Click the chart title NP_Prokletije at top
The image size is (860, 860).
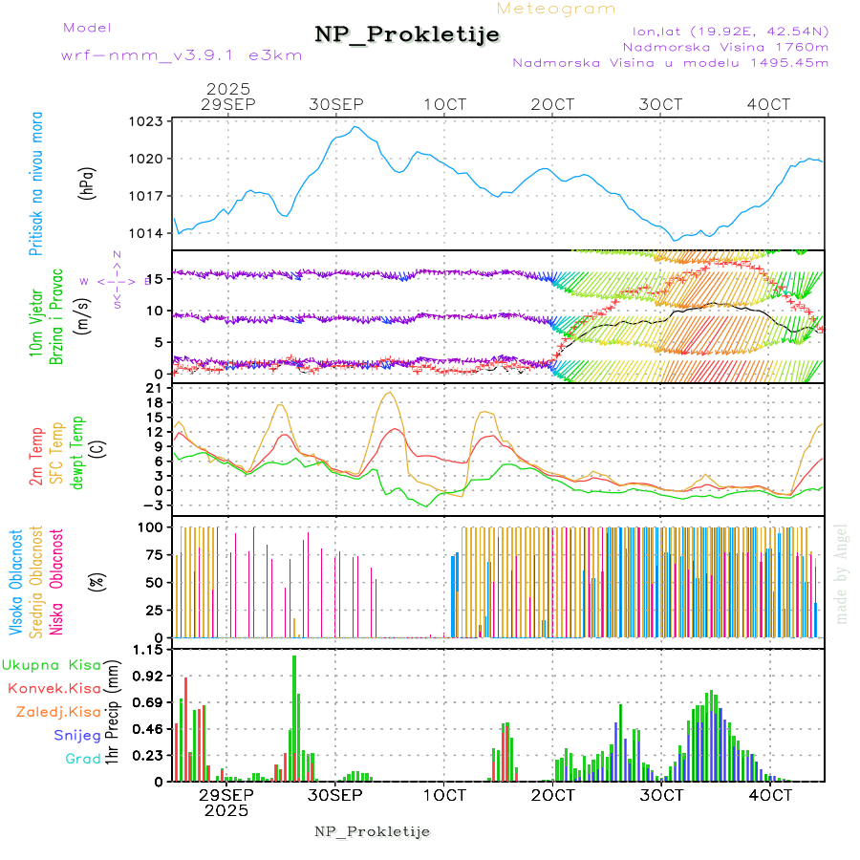coord(407,35)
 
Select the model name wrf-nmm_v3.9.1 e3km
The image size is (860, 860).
coord(182,55)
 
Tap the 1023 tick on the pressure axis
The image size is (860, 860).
coord(147,121)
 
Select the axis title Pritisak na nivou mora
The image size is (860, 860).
coord(35,183)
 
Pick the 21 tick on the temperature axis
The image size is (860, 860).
coord(155,387)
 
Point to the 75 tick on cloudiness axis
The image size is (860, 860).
coord(151,554)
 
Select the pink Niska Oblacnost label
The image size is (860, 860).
coord(56,580)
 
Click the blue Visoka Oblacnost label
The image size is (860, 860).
coord(17,580)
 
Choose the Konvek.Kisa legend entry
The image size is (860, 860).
coord(54,688)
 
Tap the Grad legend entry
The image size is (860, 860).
coord(83,759)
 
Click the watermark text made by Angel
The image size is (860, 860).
coord(842,573)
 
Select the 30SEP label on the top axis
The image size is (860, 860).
coord(336,103)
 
